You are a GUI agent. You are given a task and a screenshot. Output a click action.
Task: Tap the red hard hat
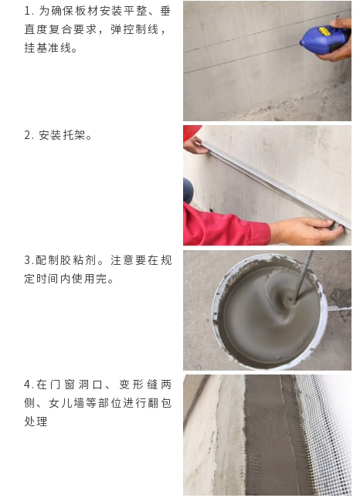[x=192, y=131]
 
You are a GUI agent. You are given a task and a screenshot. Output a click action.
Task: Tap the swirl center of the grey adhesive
[x=290, y=300]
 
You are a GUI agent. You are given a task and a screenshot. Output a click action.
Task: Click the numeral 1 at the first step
[x=28, y=12]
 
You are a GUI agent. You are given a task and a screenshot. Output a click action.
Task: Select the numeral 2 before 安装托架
[x=28, y=136]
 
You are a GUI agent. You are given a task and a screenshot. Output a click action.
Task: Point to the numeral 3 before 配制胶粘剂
[x=28, y=260]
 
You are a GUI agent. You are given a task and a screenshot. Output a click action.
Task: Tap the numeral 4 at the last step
[x=28, y=385]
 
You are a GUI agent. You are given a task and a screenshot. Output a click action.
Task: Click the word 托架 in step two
[x=74, y=136]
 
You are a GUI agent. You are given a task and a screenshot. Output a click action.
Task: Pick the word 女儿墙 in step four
[x=66, y=403]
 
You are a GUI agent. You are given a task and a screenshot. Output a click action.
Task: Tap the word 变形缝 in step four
[x=138, y=385]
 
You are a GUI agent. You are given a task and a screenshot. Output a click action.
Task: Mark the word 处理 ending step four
[x=36, y=422]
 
